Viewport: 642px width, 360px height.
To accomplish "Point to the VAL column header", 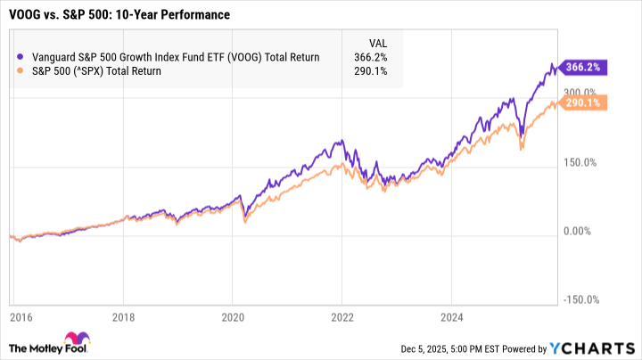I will coord(378,42).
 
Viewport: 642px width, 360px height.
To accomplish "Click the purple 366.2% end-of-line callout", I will coord(582,66).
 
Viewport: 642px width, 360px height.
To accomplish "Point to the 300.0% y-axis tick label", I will coord(580,92).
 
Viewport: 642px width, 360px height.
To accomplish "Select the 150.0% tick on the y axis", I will coord(580,161).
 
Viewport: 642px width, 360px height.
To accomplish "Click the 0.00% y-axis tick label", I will coord(580,231).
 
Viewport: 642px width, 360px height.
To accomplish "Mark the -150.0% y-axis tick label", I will coord(580,300).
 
